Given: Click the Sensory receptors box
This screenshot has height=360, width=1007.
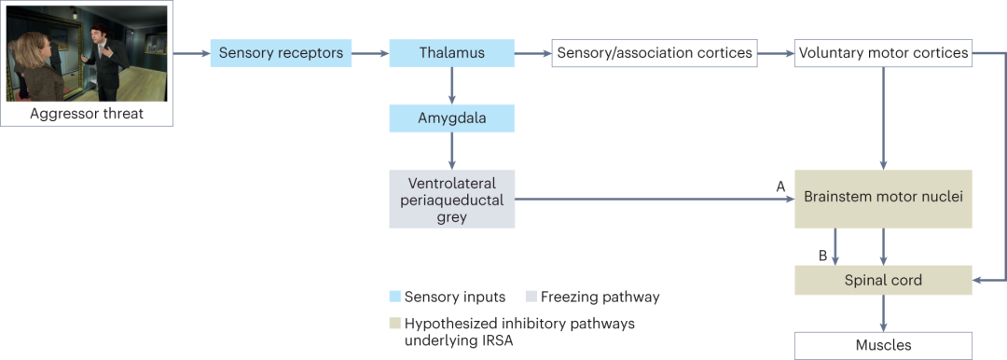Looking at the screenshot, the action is (x=282, y=53).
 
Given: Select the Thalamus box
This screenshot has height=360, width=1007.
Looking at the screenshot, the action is (x=452, y=53).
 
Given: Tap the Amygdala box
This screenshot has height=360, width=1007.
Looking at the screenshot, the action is (x=452, y=118).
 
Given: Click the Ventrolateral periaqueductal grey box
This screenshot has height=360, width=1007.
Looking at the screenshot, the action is (x=452, y=200).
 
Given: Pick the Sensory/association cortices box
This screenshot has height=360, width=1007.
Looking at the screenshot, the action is (x=655, y=53).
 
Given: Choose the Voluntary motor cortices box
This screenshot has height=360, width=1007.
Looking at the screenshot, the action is (x=884, y=53).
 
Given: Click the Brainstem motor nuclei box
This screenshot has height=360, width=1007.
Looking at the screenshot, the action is (x=884, y=200).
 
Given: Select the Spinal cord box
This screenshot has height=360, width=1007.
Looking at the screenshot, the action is (x=884, y=281).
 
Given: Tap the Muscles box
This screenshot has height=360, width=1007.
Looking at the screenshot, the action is (x=884, y=345).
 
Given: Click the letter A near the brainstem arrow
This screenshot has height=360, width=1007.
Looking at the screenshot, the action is (x=780, y=187).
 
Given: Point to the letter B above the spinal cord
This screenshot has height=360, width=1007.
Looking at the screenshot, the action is (x=821, y=256).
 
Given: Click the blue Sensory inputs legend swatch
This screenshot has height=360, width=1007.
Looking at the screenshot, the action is (x=395, y=297).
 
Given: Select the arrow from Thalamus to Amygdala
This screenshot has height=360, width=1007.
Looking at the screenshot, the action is (x=452, y=86).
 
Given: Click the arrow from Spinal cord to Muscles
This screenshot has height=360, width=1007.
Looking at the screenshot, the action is (x=884, y=313).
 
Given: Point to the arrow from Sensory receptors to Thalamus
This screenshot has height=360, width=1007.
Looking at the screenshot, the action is (x=370, y=53).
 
